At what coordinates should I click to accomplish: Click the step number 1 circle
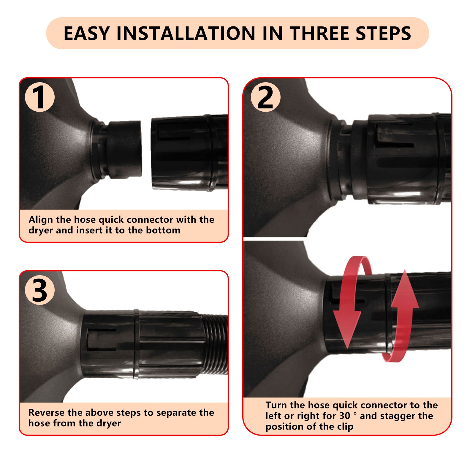tap(39, 97)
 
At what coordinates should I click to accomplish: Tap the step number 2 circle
tap(265, 97)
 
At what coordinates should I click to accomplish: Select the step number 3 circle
tap(39, 290)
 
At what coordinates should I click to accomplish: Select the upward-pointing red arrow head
tap(405, 289)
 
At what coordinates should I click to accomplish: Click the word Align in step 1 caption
tap(41, 219)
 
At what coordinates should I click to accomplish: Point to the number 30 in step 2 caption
tap(345, 416)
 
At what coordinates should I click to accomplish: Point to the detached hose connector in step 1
tap(189, 153)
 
